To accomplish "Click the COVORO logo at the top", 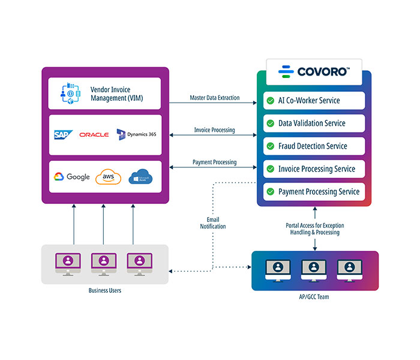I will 314,72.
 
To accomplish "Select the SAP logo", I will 62,135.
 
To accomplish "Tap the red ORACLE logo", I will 94,135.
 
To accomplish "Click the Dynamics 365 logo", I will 137,134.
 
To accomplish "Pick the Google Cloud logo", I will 72,176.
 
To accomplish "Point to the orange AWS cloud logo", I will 109,177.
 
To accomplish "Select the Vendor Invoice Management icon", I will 71,93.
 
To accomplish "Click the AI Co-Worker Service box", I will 314,100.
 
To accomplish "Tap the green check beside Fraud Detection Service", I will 271,146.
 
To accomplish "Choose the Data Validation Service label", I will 312,123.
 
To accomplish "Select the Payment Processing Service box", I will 314,192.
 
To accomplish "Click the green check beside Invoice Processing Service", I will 271,169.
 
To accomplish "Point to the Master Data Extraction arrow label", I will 214,98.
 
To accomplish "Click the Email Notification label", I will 213,223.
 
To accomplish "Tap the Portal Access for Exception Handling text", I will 315,229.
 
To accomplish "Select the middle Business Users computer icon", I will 104,263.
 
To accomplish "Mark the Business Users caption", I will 104,291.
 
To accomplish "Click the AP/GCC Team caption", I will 314,297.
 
